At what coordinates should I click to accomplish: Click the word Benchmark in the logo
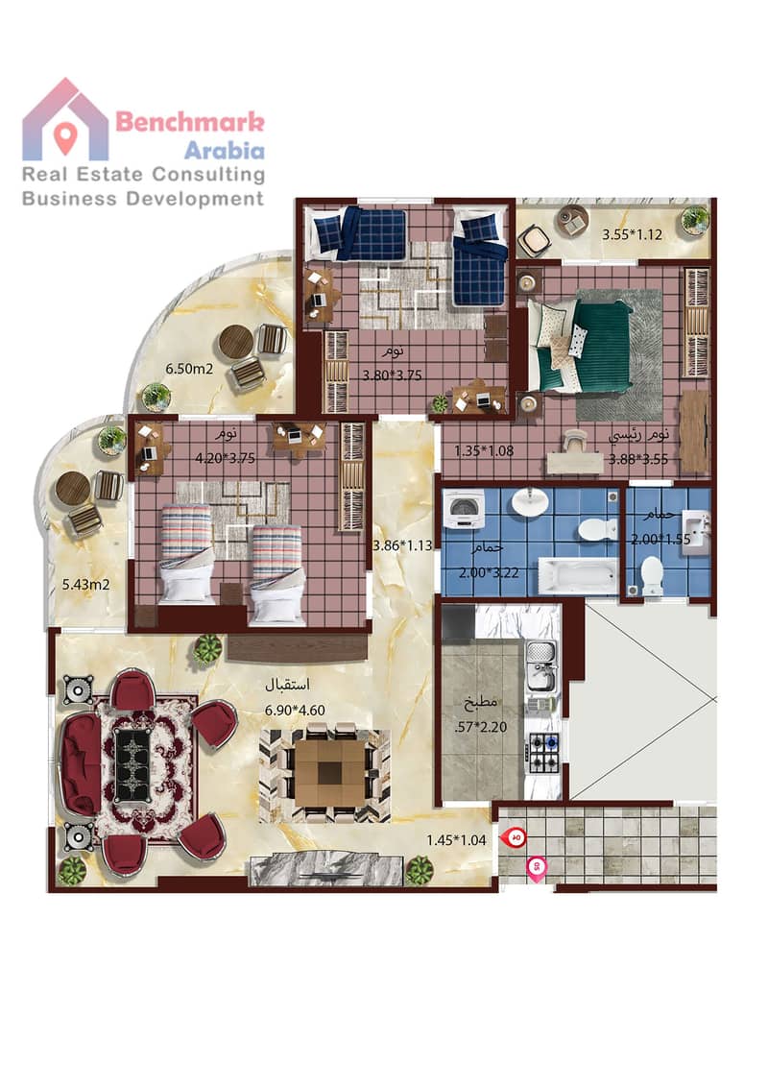pyautogui.click(x=189, y=122)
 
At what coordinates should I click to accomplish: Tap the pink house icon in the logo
pyautogui.click(x=65, y=120)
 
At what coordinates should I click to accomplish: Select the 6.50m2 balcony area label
pyautogui.click(x=188, y=369)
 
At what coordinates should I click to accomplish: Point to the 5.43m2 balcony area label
pyautogui.click(x=86, y=585)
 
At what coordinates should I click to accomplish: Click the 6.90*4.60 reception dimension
pyautogui.click(x=295, y=710)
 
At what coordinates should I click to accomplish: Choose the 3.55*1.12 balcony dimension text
pyautogui.click(x=632, y=234)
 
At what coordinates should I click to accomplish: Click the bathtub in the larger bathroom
pyautogui.click(x=578, y=575)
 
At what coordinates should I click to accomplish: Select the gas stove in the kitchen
pyautogui.click(x=543, y=753)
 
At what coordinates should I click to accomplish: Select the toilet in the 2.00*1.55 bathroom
pyautogui.click(x=652, y=574)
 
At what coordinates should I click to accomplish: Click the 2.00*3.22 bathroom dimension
pyautogui.click(x=489, y=572)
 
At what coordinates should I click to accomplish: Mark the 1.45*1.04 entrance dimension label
pyautogui.click(x=456, y=840)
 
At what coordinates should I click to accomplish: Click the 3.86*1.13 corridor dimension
pyautogui.click(x=402, y=545)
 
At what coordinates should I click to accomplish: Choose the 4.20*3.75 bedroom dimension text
pyautogui.click(x=226, y=458)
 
